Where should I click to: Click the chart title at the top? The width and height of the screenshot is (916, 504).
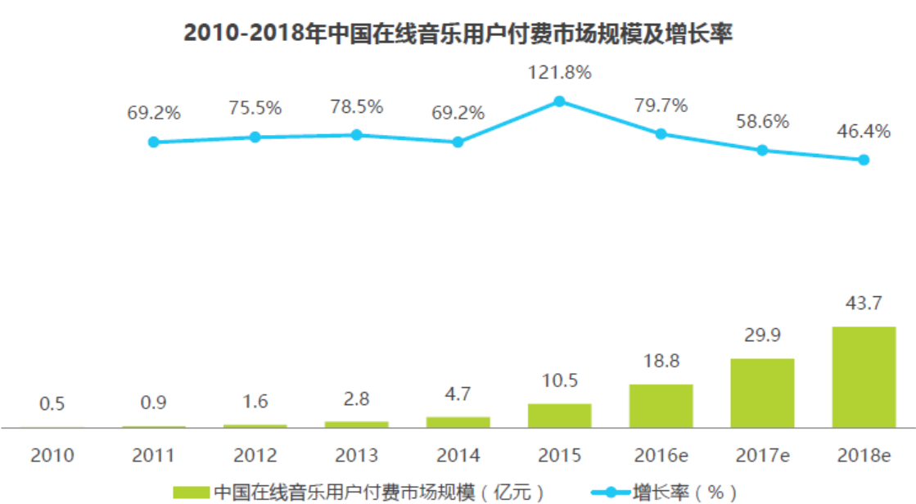[458, 34]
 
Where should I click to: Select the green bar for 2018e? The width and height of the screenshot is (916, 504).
[864, 376]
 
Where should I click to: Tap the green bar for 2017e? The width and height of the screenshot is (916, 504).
[762, 393]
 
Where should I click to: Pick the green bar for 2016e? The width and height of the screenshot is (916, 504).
[661, 406]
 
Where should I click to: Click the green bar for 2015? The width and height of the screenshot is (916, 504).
[559, 415]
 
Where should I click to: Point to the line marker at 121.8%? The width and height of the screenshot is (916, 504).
[559, 101]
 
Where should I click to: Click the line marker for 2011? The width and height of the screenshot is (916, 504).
[153, 142]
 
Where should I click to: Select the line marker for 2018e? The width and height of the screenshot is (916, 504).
[864, 160]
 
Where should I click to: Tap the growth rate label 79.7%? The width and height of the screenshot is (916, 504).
[661, 106]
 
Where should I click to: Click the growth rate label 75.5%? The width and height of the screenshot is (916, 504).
[255, 108]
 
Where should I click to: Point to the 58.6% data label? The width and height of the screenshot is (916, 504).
[762, 122]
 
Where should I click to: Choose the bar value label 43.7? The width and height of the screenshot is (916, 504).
[864, 304]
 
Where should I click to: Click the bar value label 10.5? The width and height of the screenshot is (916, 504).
[559, 380]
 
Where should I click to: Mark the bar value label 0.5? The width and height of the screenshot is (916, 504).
[52, 404]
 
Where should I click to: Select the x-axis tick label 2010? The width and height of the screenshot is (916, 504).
[52, 456]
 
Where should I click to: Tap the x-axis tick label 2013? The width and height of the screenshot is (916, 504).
[356, 456]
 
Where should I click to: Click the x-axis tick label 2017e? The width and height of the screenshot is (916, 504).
[762, 456]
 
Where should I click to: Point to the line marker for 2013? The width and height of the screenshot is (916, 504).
[356, 135]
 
